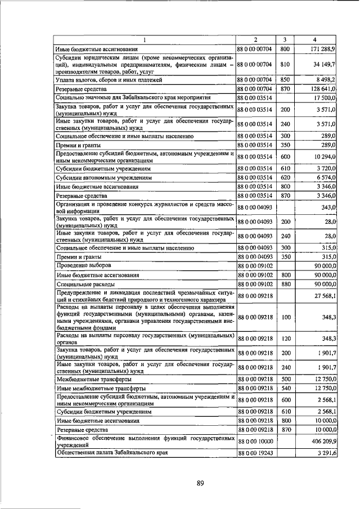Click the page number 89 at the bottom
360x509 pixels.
[x=200, y=483]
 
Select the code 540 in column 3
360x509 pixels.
[x=285, y=388]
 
